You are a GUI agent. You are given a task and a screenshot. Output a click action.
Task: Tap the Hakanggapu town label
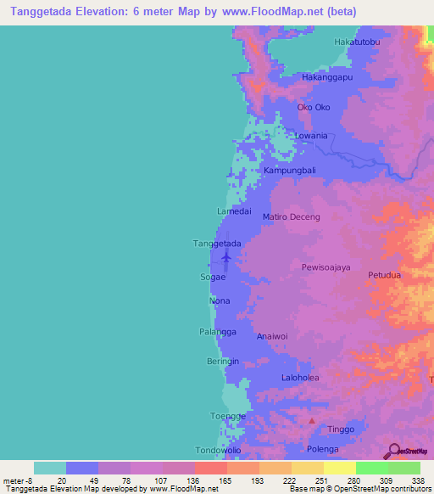327,76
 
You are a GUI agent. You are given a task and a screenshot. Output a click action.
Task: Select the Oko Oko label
313,107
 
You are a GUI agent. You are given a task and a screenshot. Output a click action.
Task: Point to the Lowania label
310,136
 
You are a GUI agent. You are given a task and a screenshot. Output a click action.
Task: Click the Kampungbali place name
290,171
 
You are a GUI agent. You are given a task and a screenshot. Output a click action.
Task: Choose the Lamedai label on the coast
234,211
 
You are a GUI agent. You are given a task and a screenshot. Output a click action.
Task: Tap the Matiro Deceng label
292,217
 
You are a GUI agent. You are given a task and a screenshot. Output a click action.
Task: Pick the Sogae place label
214,278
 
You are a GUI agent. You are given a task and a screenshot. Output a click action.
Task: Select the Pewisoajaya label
325,267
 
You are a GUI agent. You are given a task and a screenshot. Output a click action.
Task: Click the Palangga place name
218,331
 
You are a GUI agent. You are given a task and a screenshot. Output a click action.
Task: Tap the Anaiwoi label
273,336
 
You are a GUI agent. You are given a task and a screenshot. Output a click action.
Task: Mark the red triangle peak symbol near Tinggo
312,421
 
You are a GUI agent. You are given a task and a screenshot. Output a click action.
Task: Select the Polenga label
322,448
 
